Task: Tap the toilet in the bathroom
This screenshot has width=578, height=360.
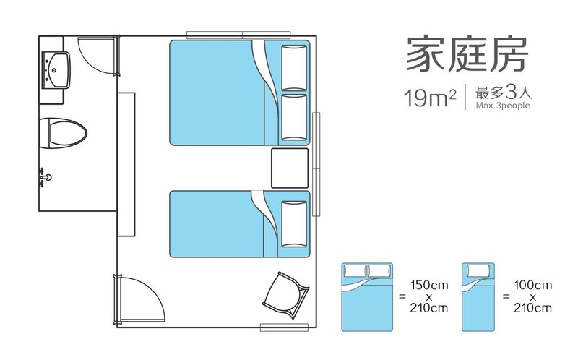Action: pyautogui.click(x=63, y=133)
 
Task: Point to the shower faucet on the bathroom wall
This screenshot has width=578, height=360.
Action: pyautogui.click(x=45, y=177)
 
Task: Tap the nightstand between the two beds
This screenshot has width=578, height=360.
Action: pyautogui.click(x=290, y=168)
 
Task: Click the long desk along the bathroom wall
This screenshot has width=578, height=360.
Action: pyautogui.click(x=126, y=164)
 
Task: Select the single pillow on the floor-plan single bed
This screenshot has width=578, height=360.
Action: pyautogui.click(x=294, y=224)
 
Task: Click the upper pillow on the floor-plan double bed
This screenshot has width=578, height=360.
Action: pyautogui.click(x=294, y=68)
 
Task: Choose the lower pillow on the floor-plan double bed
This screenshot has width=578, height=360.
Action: pyautogui.click(x=294, y=117)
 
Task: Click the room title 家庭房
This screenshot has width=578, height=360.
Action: pyautogui.click(x=467, y=54)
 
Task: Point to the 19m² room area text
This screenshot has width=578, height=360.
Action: pyautogui.click(x=430, y=98)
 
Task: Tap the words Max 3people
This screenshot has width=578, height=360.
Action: pyautogui.click(x=503, y=106)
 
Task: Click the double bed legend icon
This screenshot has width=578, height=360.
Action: pyautogui.click(x=367, y=297)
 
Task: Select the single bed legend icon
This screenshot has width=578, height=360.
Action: pyautogui.click(x=478, y=297)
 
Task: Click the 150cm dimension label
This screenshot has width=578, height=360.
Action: pyautogui.click(x=429, y=285)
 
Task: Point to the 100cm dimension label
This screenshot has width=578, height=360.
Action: pyautogui.click(x=533, y=285)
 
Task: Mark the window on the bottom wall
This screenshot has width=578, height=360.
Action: pyautogui.click(x=284, y=327)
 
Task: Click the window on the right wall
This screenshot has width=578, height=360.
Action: pyautogui.click(x=316, y=164)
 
